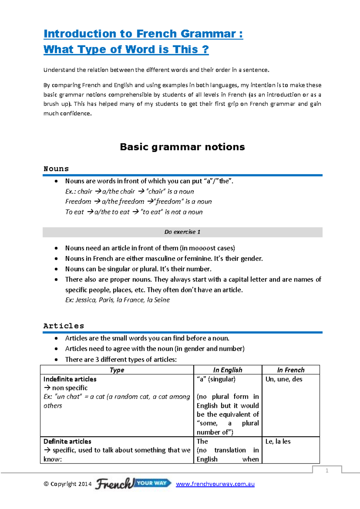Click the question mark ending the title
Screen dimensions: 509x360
click(205, 49)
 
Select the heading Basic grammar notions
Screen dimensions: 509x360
click(182, 147)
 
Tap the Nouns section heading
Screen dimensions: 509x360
click(56, 169)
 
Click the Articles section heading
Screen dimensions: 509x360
click(64, 326)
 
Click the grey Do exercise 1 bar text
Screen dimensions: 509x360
click(182, 232)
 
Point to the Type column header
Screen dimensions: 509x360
click(117, 370)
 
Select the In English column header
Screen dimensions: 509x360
click(227, 370)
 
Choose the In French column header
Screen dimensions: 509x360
click(290, 370)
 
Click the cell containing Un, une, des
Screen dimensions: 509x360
click(283, 379)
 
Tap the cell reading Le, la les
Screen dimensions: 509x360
click(278, 441)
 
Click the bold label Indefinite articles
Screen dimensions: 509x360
click(70, 379)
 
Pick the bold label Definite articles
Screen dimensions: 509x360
click(67, 441)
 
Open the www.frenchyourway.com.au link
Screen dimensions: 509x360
click(215, 484)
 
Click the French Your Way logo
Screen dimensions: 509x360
click(133, 483)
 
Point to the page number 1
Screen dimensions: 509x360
click(327, 471)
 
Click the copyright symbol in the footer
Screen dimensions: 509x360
click(46, 484)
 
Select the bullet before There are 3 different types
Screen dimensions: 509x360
click(56, 360)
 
